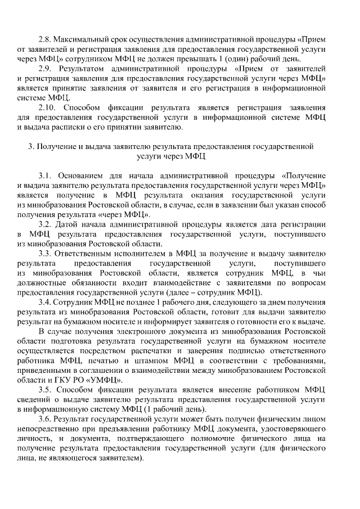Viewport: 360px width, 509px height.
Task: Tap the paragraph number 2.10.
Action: [x=47, y=107]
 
